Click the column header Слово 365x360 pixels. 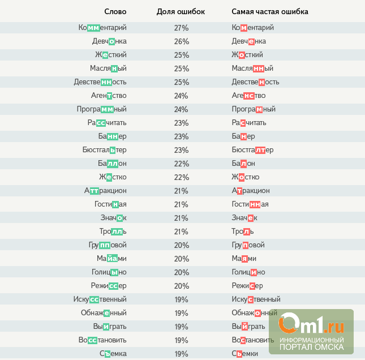pos(115,11)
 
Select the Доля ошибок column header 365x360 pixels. pos(181,11)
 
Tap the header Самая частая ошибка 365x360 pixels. pos(270,11)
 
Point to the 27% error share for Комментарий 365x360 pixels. pos(181,28)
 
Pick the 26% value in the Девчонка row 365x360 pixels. pos(181,41)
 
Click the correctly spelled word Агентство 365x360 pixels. pos(109,96)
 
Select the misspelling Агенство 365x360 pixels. pos(248,96)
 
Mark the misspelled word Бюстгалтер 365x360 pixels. pos(252,150)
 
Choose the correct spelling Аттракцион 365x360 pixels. pos(105,191)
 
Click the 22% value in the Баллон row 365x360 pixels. pos(181,164)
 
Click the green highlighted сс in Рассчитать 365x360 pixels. pos(100,123)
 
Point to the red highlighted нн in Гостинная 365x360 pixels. pos(255,204)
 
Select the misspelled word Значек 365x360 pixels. pos(244,218)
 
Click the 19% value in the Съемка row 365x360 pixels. pos(181,354)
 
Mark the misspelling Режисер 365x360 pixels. pos(247,286)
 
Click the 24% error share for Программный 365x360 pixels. pos(181,109)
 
